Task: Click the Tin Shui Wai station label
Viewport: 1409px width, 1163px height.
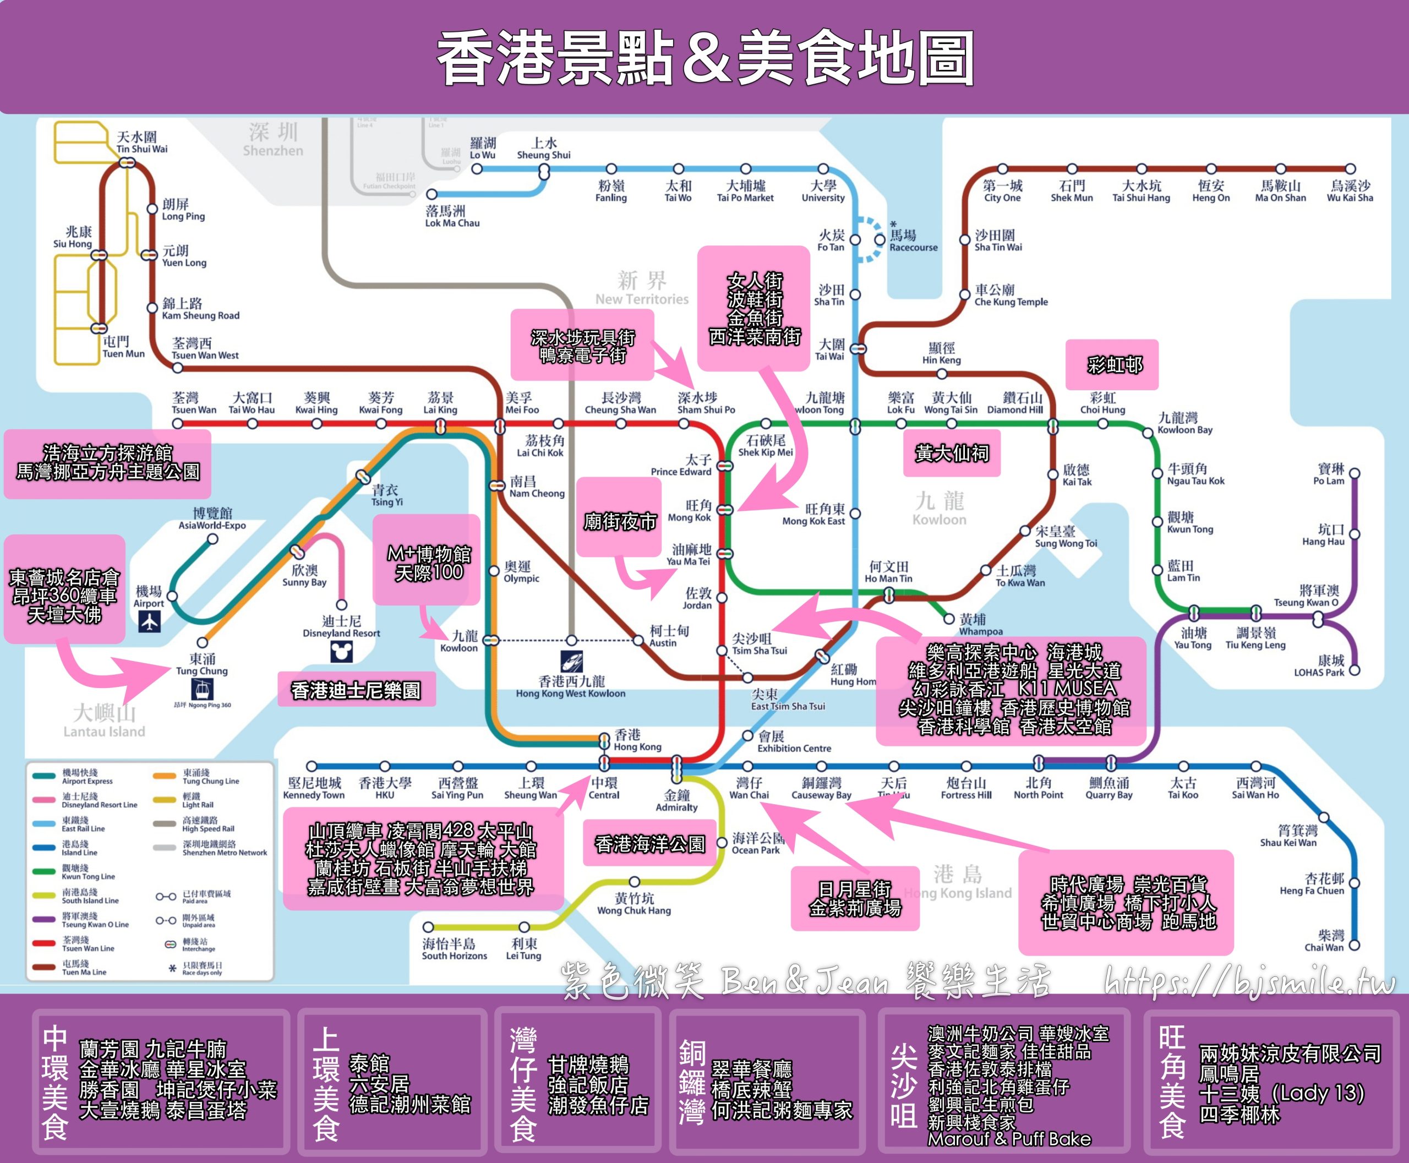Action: [141, 143]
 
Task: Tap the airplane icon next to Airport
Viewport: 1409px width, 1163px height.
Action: [149, 623]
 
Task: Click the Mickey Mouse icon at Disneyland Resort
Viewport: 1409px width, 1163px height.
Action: [342, 651]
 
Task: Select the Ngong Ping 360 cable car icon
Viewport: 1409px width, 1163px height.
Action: [201, 688]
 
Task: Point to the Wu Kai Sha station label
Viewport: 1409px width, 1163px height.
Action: [1350, 192]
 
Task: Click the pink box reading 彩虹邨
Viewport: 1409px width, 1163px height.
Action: [1112, 365]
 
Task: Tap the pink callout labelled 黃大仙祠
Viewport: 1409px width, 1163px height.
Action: [952, 454]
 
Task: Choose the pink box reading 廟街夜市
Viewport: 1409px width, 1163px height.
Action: [619, 521]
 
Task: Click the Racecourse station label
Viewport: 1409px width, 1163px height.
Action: [913, 241]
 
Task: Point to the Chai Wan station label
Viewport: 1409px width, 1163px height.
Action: [1324, 941]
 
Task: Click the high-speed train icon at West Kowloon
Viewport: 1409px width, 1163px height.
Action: [571, 662]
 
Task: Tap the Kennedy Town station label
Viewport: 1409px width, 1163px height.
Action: [314, 789]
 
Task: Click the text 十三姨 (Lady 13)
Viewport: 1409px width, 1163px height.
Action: [1280, 1093]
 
